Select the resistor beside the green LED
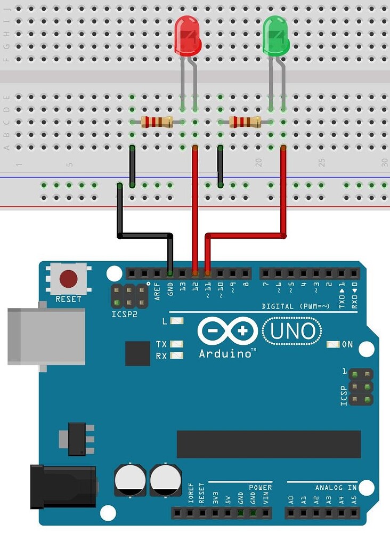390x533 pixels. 245,122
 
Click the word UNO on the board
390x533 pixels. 292,332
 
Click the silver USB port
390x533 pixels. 46,336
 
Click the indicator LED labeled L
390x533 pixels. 177,321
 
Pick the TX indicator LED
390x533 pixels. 177,344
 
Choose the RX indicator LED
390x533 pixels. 177,356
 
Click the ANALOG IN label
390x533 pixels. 336,487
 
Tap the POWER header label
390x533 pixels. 260,487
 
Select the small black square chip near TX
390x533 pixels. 137,353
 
